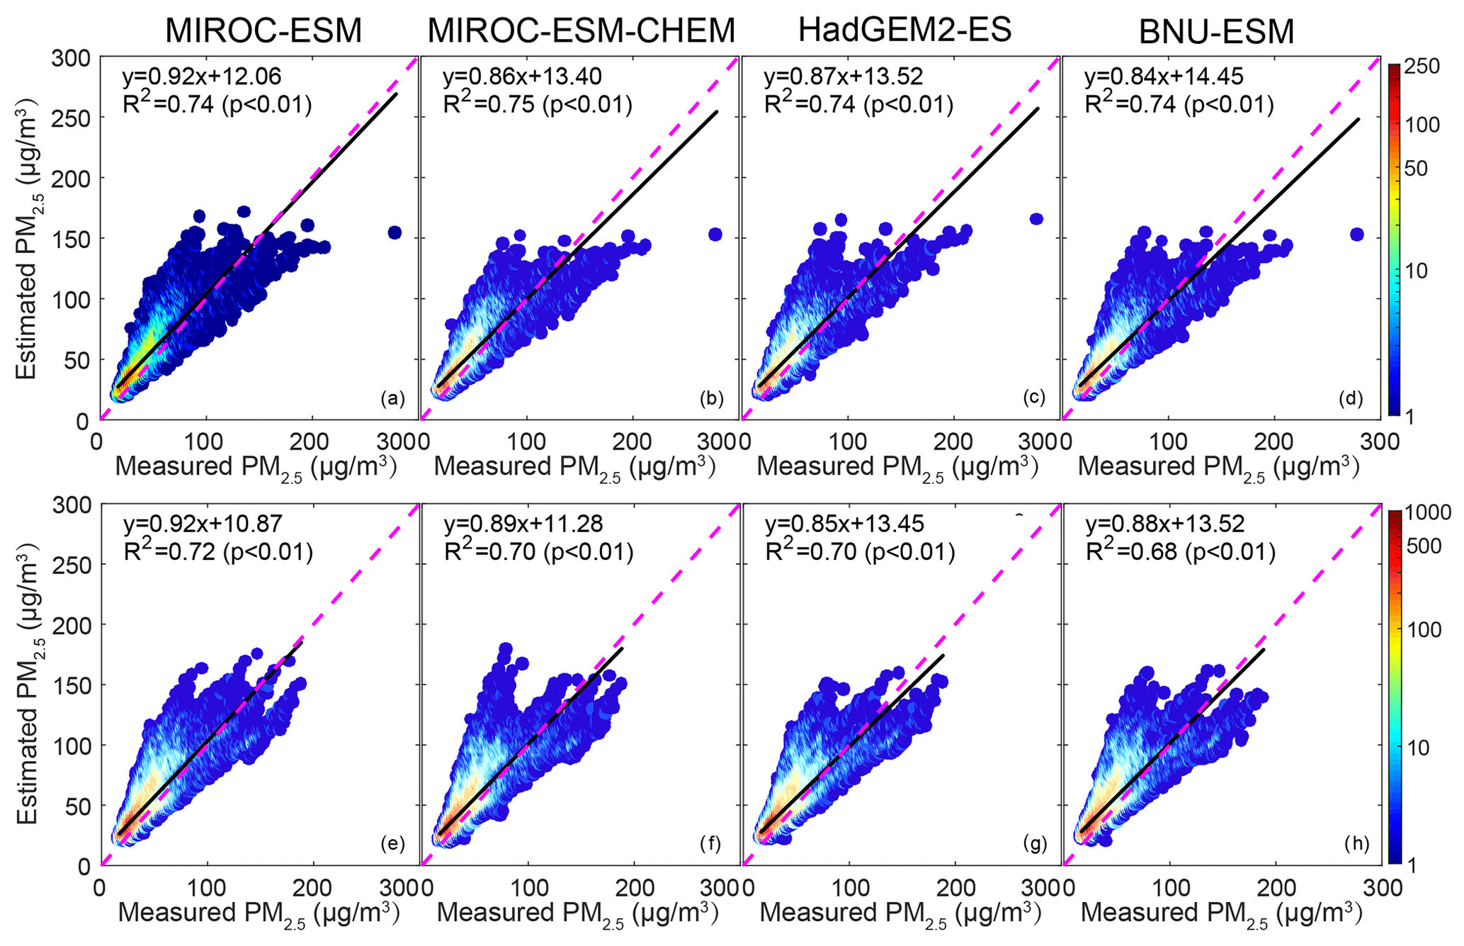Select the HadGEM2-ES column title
pyautogui.click(x=904, y=30)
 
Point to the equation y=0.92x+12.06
pyautogui.click(x=202, y=77)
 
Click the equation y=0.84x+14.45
pyautogui.click(x=1164, y=77)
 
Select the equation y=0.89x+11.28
pyautogui.click(x=523, y=524)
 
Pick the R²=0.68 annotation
pyautogui.click(x=1181, y=552)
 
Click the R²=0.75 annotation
pyautogui.click(x=537, y=105)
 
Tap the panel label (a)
pyautogui.click(x=392, y=399)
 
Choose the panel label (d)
pyautogui.click(x=1351, y=399)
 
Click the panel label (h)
pyautogui.click(x=1356, y=843)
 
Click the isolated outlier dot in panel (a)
pyautogui.click(x=395, y=232)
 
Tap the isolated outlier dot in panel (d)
pyautogui.click(x=1357, y=235)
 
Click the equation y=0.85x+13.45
pyautogui.click(x=844, y=524)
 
